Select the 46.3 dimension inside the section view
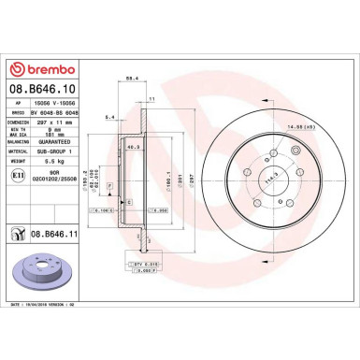coord(134,146)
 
